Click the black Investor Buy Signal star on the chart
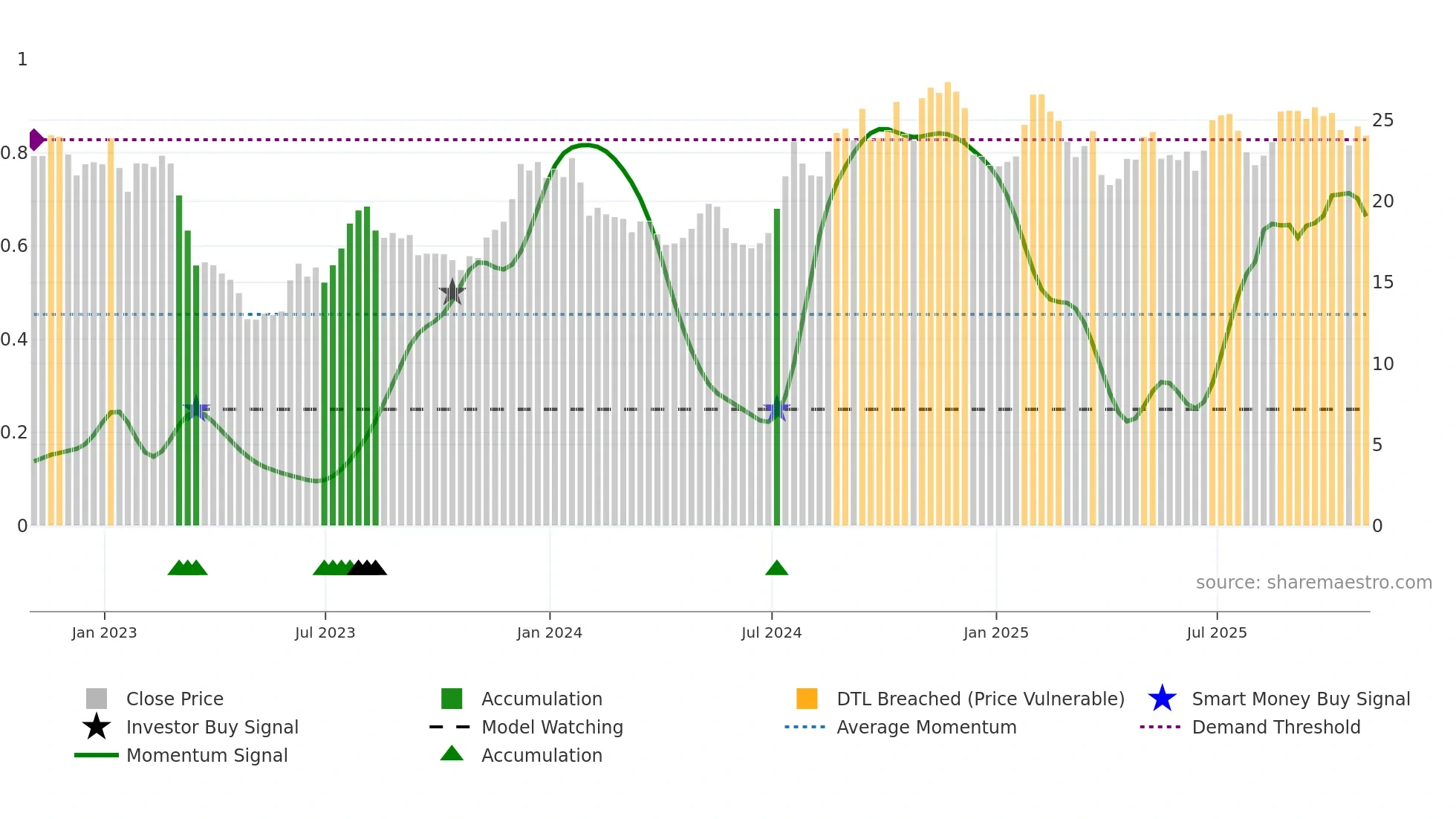tap(452, 293)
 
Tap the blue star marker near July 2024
tap(776, 409)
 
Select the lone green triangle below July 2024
tap(776, 569)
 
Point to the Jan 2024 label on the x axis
tap(549, 633)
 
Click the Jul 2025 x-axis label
tap(1216, 633)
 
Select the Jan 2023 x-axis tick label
tap(104, 633)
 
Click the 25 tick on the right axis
tap(1382, 120)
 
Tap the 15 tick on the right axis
tap(1382, 282)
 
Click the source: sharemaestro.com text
tap(1313, 583)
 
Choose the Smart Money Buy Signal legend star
tap(1162, 699)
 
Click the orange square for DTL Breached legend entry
tap(807, 699)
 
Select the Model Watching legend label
tap(552, 728)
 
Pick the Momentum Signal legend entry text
tap(207, 756)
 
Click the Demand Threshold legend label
tap(1275, 728)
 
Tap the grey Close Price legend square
tap(97, 699)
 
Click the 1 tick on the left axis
tap(22, 59)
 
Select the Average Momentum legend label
tap(926, 728)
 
